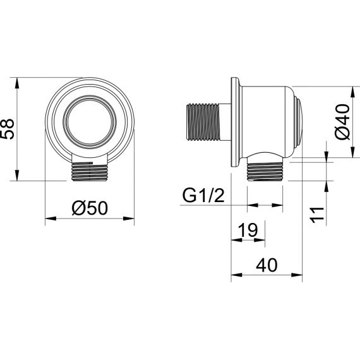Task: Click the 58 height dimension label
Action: click(x=8, y=129)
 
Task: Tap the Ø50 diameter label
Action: click(x=90, y=208)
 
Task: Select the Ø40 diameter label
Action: click(x=342, y=122)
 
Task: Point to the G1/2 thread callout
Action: click(x=203, y=196)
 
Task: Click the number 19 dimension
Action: click(x=248, y=230)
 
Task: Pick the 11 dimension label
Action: click(x=317, y=215)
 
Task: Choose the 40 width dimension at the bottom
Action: click(x=267, y=265)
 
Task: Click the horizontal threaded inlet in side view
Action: click(x=203, y=122)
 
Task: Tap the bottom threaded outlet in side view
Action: click(x=265, y=171)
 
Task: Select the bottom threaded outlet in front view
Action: click(x=90, y=172)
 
